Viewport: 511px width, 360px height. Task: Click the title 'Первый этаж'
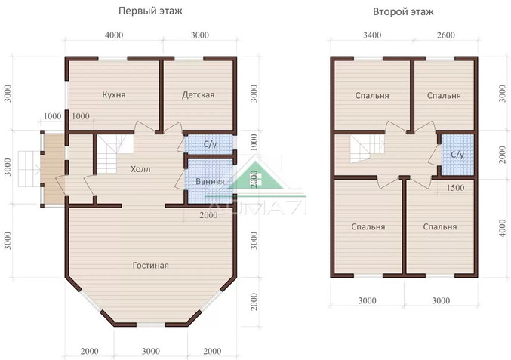[x=150, y=11]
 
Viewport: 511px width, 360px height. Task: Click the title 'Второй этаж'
[x=403, y=12]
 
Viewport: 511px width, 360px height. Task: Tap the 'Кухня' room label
[x=114, y=95]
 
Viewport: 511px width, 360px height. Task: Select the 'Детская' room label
[x=199, y=95]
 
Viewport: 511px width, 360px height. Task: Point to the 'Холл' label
[x=140, y=169]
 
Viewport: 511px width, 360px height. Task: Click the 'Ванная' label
[x=210, y=181]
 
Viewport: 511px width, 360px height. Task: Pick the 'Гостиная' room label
[x=150, y=266]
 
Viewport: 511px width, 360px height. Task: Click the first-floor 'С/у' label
[x=210, y=144]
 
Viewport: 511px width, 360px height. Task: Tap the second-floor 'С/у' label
[x=457, y=155]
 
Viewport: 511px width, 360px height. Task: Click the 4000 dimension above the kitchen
[x=114, y=35]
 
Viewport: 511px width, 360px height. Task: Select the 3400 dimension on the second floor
[x=372, y=35]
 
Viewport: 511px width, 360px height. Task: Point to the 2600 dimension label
[x=445, y=35]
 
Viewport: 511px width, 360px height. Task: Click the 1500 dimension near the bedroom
[x=455, y=188]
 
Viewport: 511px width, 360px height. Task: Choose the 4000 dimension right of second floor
[x=502, y=228]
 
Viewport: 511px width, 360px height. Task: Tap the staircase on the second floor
[x=368, y=149]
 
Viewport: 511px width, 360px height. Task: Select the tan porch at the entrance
[x=54, y=169]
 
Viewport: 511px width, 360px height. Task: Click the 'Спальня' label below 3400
[x=372, y=96]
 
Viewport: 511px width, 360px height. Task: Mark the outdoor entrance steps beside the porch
[x=29, y=169]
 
